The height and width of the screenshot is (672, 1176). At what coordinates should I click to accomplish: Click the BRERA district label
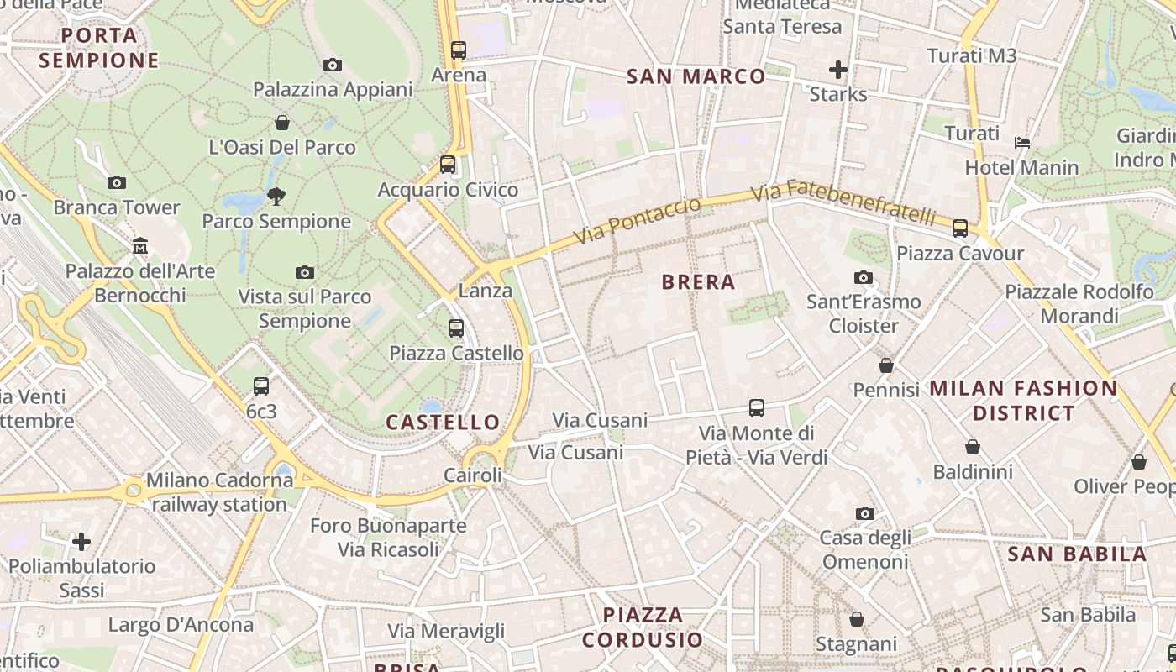[698, 282]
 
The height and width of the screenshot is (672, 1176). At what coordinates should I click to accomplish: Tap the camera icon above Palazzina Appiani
[333, 65]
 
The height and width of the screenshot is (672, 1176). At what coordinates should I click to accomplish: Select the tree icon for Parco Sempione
[276, 197]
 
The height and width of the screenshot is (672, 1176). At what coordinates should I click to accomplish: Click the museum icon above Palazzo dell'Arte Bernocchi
[140, 246]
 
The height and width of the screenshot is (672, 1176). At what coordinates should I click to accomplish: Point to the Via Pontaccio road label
[638, 223]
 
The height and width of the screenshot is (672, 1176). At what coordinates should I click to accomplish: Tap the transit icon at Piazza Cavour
[960, 228]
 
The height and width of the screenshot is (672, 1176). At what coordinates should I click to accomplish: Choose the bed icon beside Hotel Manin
[1022, 142]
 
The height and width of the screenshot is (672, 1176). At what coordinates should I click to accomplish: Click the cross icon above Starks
[837, 70]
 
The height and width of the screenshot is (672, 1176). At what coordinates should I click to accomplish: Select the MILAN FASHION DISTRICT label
[1023, 400]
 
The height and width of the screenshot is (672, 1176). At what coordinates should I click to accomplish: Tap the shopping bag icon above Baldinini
[973, 447]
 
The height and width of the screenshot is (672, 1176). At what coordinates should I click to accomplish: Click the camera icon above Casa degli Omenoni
[864, 513]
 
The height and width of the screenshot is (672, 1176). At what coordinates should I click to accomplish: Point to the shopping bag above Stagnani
[857, 619]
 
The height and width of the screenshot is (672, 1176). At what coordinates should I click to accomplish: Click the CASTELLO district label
[443, 422]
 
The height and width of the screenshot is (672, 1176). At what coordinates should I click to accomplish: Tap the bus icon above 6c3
[261, 386]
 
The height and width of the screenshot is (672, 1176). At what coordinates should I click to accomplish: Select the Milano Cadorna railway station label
[219, 492]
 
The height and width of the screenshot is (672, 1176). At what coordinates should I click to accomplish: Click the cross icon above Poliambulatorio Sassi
[81, 541]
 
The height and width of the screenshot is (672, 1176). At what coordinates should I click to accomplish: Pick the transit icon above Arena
[458, 50]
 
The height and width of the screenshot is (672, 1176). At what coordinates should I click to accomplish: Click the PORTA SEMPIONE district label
[99, 48]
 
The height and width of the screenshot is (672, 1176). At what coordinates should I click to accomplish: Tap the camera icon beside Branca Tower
[117, 182]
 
